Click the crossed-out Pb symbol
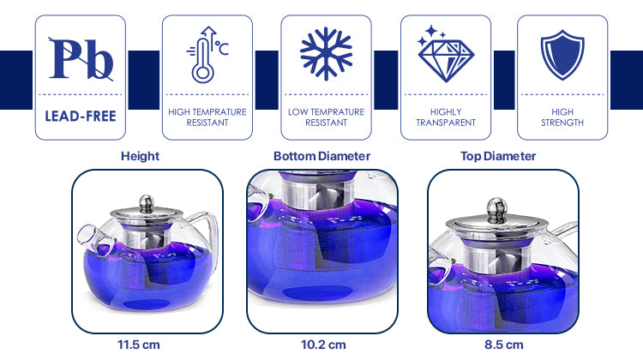click(81, 59)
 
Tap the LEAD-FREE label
click(81, 116)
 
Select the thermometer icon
click(207, 55)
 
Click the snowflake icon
click(326, 54)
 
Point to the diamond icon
click(446, 54)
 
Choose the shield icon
click(562, 55)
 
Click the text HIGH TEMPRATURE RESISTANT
click(207, 117)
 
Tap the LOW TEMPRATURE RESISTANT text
click(326, 117)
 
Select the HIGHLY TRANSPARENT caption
click(446, 117)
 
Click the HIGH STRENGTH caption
click(562, 117)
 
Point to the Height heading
click(140, 156)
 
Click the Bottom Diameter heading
click(321, 156)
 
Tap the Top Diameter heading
click(498, 156)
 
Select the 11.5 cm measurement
click(139, 345)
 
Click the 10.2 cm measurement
click(323, 345)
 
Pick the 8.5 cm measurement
click(503, 345)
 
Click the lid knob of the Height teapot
click(147, 203)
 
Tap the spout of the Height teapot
click(93, 238)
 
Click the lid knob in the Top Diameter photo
click(497, 210)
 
